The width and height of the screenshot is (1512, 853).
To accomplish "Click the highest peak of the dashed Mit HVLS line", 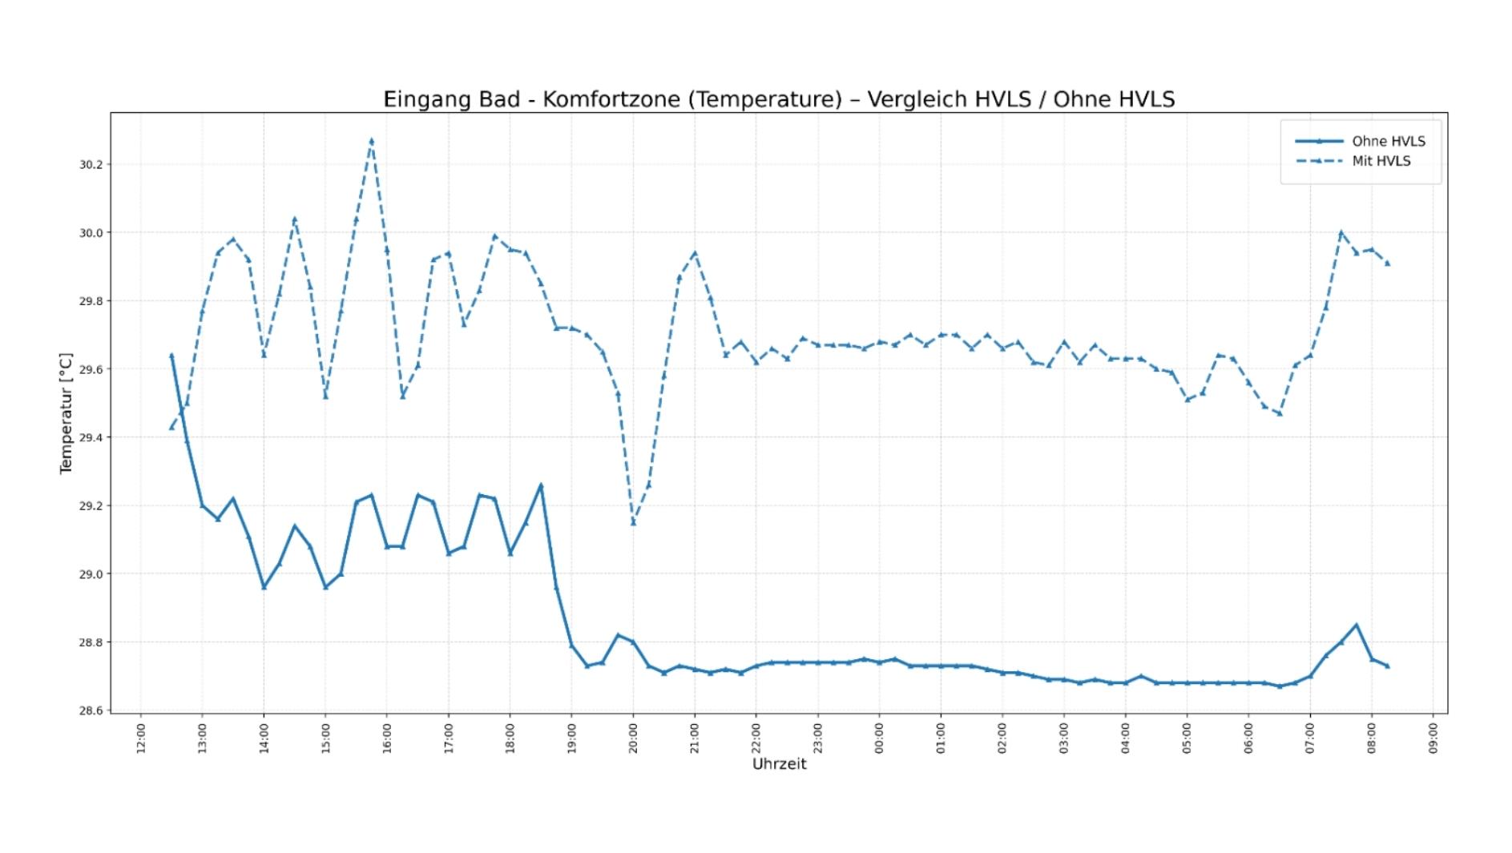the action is click(371, 141).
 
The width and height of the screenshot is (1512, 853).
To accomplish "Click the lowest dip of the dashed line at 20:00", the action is click(633, 523).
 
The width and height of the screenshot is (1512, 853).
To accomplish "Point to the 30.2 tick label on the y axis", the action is click(92, 164).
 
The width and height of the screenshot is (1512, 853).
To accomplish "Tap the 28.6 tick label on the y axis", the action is click(92, 710).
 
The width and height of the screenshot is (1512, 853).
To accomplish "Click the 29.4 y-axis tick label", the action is click(92, 437).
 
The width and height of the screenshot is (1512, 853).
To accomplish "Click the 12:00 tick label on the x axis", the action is click(140, 738).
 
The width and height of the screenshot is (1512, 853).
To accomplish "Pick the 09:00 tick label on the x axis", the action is click(1433, 738).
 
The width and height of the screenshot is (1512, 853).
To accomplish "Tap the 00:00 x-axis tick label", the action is click(879, 738).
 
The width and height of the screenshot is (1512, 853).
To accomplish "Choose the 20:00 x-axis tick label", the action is click(633, 738).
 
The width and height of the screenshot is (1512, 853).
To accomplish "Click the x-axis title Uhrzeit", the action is click(779, 764).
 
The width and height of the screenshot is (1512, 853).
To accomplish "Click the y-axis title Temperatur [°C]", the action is click(66, 413).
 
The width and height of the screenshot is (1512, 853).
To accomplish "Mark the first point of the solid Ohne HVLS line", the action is click(171, 355).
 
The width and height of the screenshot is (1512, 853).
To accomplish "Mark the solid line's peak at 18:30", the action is click(541, 485).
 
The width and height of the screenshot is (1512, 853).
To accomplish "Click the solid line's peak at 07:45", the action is click(1357, 625).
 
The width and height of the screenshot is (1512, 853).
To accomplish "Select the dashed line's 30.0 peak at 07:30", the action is click(1341, 233).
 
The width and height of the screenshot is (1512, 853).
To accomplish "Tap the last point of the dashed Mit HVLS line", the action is click(1387, 264).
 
